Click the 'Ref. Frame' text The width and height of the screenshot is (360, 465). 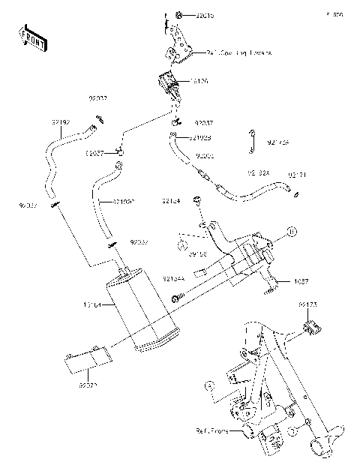click(215, 431)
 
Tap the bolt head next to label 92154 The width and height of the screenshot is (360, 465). click(196, 199)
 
